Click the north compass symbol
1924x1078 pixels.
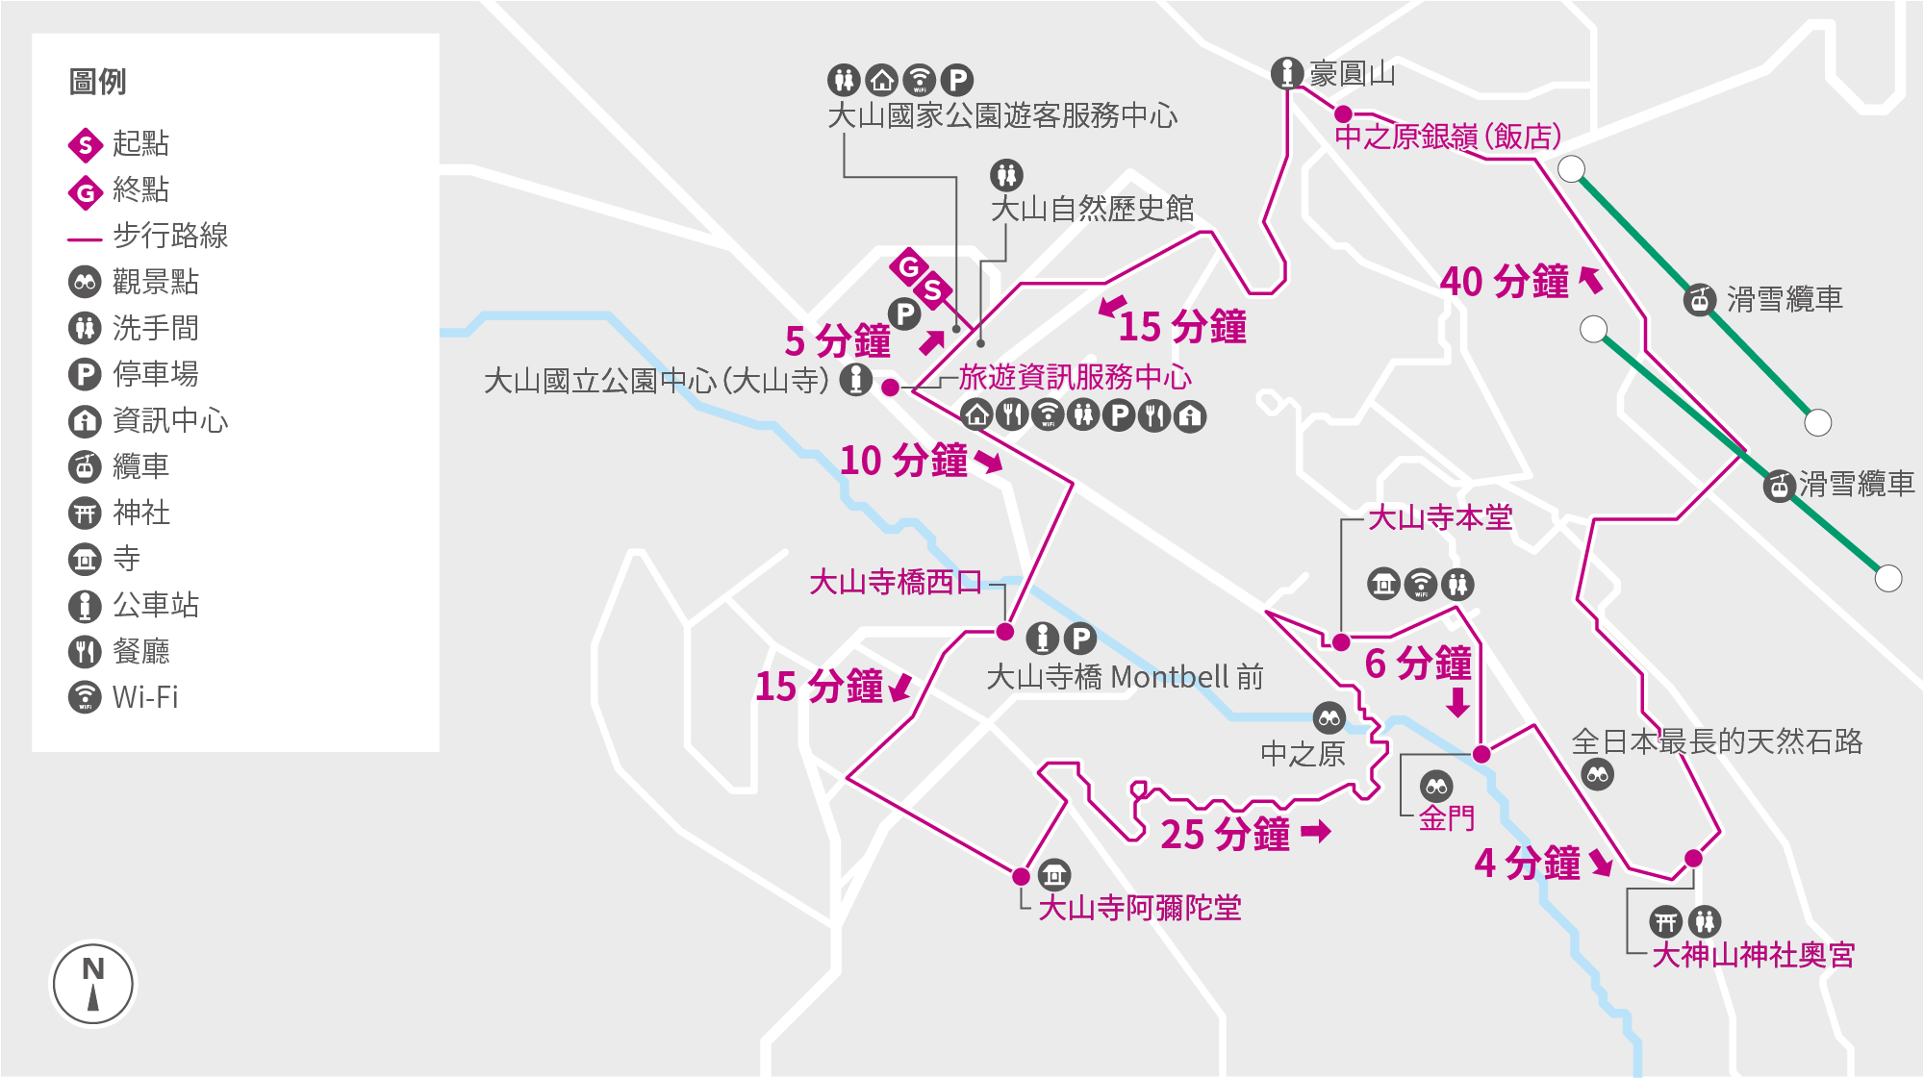click(93, 984)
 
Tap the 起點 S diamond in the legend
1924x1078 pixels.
click(86, 145)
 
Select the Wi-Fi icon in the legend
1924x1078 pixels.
click(85, 696)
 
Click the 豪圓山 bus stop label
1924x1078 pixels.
click(1352, 73)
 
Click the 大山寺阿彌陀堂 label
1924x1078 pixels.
click(1140, 907)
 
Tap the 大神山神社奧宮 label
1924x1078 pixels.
click(1753, 954)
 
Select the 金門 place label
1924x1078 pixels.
click(1446, 818)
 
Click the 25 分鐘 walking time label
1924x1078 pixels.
click(1225, 834)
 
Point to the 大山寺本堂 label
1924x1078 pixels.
click(1440, 517)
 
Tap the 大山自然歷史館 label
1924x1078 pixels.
click(1092, 208)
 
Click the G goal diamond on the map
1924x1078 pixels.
click(908, 266)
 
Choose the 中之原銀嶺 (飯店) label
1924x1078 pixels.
click(1447, 137)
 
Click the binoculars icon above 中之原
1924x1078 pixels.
click(1329, 717)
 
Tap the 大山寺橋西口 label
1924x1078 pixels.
click(896, 581)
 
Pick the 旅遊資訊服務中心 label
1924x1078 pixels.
click(1075, 377)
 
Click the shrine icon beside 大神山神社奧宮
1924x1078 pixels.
click(1666, 922)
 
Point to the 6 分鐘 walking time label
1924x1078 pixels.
click(1418, 664)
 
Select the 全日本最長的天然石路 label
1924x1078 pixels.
click(1716, 740)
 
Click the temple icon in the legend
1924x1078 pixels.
click(85, 559)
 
